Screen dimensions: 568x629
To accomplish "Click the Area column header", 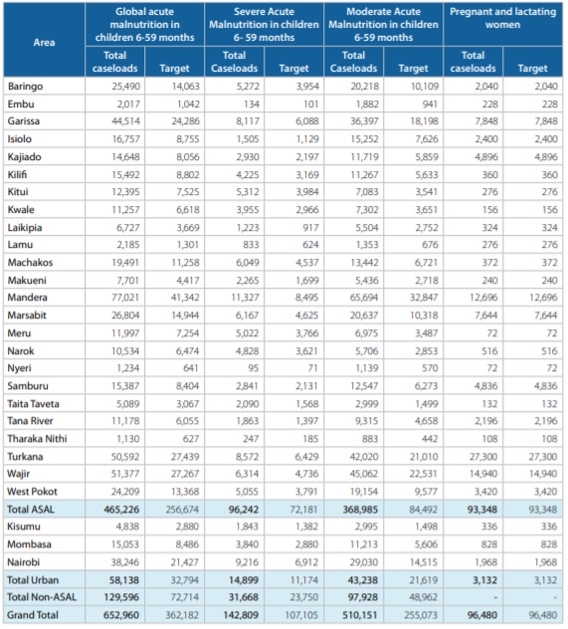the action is click(x=44, y=42).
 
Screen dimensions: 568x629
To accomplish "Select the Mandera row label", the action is click(x=27, y=298).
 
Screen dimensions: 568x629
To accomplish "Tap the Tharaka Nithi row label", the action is click(x=37, y=439).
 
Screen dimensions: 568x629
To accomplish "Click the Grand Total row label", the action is click(x=33, y=615).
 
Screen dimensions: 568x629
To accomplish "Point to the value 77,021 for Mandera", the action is click(x=125, y=298).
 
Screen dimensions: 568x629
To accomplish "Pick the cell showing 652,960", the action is click(x=121, y=615).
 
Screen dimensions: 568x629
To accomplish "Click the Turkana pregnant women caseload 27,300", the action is click(x=483, y=457).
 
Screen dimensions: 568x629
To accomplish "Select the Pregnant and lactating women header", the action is click(x=502, y=18).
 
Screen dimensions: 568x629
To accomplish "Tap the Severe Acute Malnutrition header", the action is click(x=264, y=25).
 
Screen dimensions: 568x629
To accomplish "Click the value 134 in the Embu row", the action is click(x=252, y=105).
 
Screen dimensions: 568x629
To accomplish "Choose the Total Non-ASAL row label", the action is click(x=42, y=597).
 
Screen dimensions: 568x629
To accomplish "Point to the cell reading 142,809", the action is click(x=241, y=615).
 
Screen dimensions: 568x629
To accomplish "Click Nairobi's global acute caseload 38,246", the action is click(x=125, y=562).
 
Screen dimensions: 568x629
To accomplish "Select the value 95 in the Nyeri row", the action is click(x=254, y=368).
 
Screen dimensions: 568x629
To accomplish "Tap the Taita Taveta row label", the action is click(x=33, y=403).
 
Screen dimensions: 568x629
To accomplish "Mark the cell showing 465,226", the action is click(x=121, y=510).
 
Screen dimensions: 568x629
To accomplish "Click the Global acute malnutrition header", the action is click(x=144, y=25).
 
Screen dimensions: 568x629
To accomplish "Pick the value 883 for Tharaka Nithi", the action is click(x=370, y=439).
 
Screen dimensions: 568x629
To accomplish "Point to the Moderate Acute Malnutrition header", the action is click(x=384, y=25).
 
